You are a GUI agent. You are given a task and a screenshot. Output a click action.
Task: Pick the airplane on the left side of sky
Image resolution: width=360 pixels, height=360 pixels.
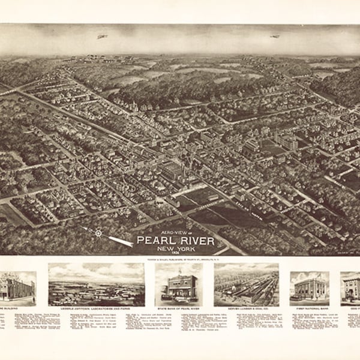[x=102, y=37]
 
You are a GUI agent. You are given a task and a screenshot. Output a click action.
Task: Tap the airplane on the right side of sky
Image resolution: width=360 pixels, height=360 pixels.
[x=275, y=37]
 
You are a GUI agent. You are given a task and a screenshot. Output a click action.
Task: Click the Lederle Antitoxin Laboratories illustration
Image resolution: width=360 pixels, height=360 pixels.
[x=96, y=284]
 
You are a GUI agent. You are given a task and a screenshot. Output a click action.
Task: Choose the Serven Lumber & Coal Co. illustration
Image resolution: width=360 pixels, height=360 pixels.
[x=246, y=284]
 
